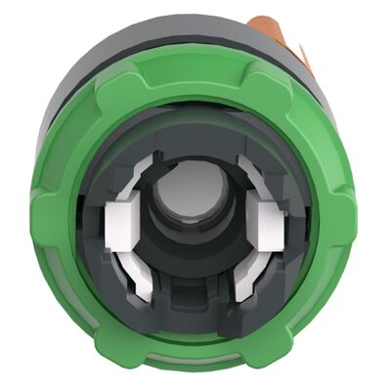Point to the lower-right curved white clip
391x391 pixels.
253,275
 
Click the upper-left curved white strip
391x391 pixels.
155,161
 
